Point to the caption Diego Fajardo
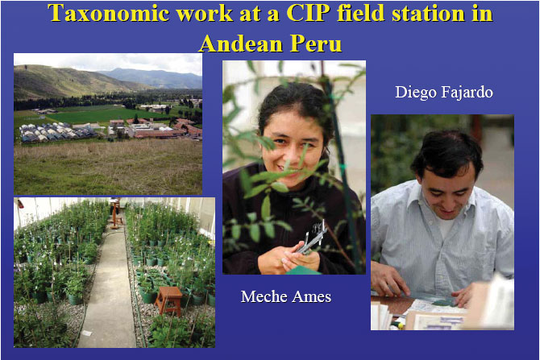(x=444, y=93)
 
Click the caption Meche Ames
(x=286, y=296)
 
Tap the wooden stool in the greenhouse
(x=168, y=301)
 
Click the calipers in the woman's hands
(x=312, y=240)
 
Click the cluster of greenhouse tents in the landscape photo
(x=55, y=133)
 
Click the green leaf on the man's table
(x=443, y=303)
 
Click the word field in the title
(x=360, y=13)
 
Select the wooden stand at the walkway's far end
(x=115, y=213)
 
